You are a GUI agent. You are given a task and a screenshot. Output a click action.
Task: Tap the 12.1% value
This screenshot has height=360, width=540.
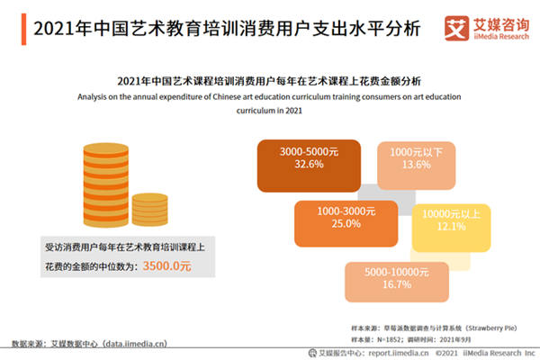pos(451,228)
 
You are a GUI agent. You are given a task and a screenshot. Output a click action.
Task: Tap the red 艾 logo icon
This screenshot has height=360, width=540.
pos(456,29)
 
